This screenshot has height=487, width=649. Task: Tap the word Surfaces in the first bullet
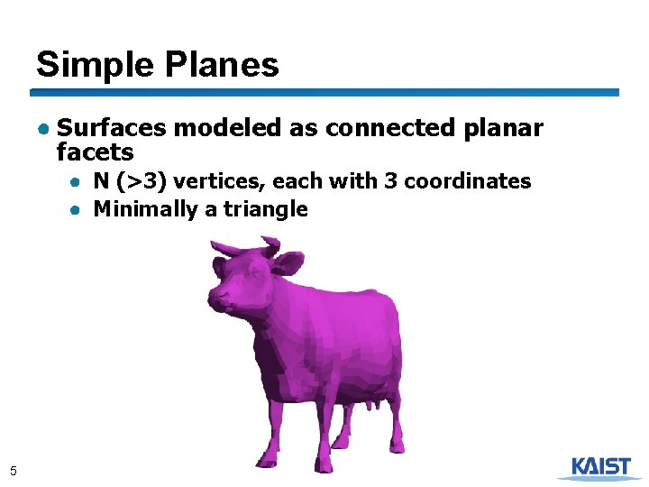(x=112, y=128)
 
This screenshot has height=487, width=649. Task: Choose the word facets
(x=95, y=152)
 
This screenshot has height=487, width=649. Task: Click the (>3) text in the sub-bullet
(x=142, y=181)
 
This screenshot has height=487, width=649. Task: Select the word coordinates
(x=468, y=181)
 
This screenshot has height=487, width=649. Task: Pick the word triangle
(x=265, y=210)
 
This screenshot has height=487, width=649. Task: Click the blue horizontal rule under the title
(x=324, y=92)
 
